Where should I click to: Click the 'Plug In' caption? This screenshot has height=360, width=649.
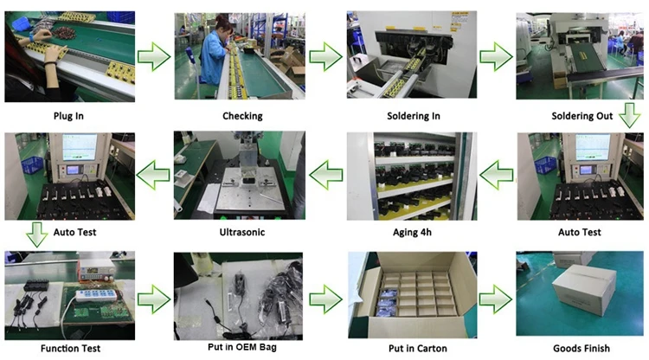68,115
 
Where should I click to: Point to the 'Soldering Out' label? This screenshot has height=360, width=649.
582,115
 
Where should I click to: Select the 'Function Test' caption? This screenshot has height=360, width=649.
68,349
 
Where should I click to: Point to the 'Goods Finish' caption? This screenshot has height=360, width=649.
582,349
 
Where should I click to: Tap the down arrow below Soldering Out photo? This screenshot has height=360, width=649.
629,118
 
